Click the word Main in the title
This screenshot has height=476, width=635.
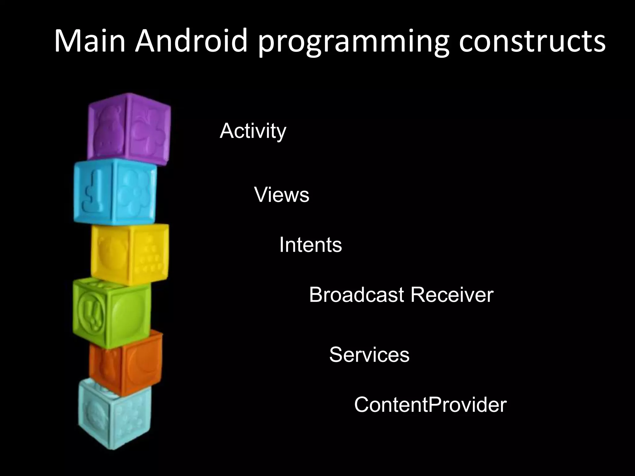tap(90, 41)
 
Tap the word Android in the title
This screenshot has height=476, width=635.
tap(191, 41)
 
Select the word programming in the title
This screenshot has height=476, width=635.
tap(353, 43)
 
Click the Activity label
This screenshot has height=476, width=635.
tap(253, 131)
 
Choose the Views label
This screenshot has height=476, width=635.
tap(282, 195)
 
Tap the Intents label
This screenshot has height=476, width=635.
tap(310, 245)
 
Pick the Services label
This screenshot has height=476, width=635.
tap(369, 355)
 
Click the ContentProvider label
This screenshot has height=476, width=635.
tap(430, 405)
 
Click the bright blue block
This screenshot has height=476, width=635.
tap(115, 192)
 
